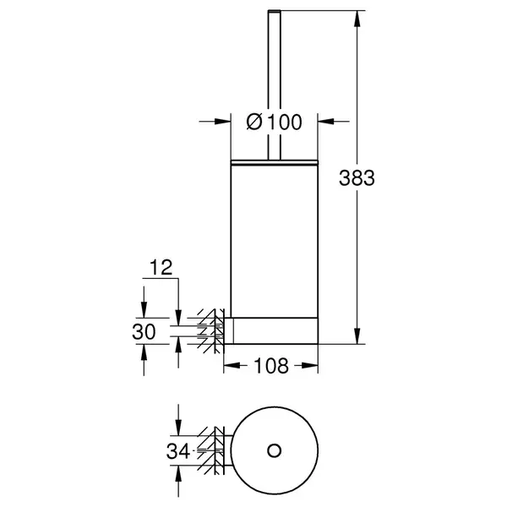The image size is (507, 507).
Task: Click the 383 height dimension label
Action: (357, 178)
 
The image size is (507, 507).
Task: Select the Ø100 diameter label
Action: (274, 122)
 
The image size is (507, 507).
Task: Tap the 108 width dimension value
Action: (271, 366)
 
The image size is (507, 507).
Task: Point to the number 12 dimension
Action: (161, 267)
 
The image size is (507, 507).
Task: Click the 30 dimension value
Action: (144, 332)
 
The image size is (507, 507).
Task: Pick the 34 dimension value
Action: (178, 451)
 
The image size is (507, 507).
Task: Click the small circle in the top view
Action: (274, 450)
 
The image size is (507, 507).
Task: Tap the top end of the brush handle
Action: (274, 11)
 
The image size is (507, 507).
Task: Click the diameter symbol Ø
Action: (254, 122)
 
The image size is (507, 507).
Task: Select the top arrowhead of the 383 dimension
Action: (357, 19)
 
